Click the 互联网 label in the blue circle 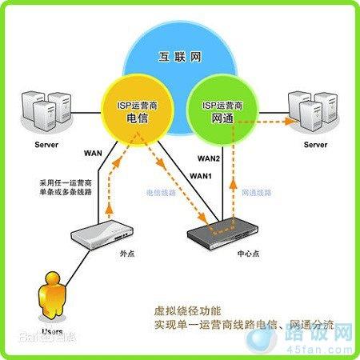pyautogui.click(x=179, y=57)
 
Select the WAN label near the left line pyautogui.click(x=93, y=153)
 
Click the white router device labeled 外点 pyautogui.click(x=100, y=233)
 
